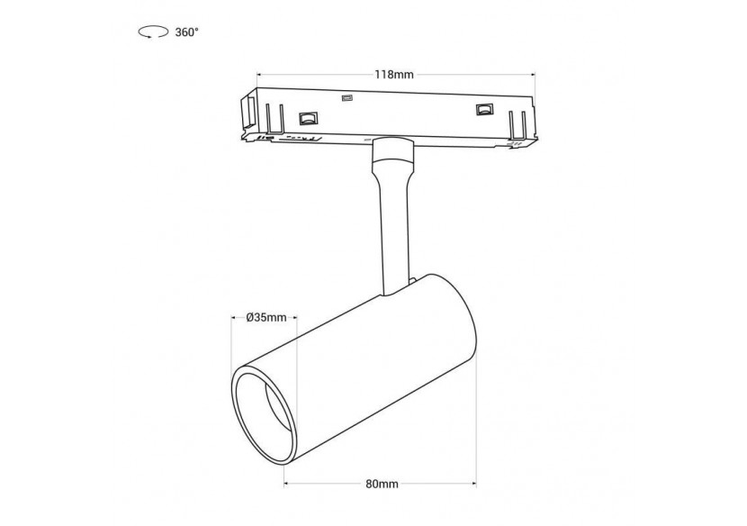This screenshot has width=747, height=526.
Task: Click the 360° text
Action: pos(186,32)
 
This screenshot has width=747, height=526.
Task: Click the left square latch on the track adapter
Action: pos(308,117)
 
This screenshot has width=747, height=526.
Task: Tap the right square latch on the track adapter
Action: pos(484,110)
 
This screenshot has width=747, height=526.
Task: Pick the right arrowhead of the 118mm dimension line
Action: pos(534,75)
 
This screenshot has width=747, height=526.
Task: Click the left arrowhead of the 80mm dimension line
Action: pos(289,484)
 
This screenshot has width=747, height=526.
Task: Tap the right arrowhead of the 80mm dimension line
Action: pos(475,484)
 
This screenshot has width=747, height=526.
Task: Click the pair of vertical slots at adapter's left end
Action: pos(274,117)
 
